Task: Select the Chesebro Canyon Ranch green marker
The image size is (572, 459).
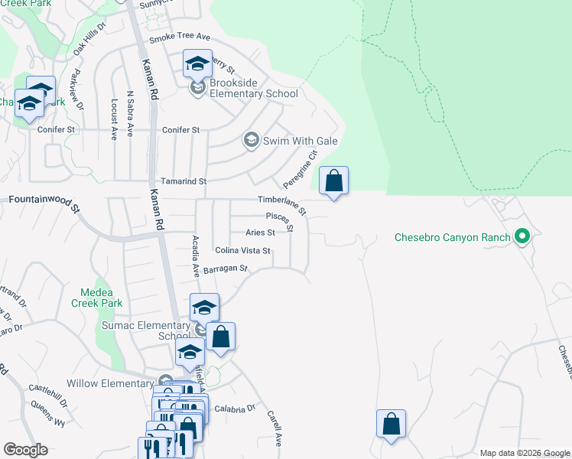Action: pos(523,236)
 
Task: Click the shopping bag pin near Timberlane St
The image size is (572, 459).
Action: pos(333,182)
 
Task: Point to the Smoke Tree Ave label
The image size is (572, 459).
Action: pos(179,37)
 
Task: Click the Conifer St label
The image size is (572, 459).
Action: pos(180,130)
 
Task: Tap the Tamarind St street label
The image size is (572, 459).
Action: pos(180,181)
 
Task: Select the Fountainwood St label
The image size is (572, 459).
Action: pos(44,203)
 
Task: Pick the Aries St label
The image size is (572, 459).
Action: pos(260,233)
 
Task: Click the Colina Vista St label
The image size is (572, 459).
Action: pos(242,250)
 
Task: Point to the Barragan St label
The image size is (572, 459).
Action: pos(226,269)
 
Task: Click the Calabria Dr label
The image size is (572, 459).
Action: pos(234,408)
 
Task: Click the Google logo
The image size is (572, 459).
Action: pos(25,450)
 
